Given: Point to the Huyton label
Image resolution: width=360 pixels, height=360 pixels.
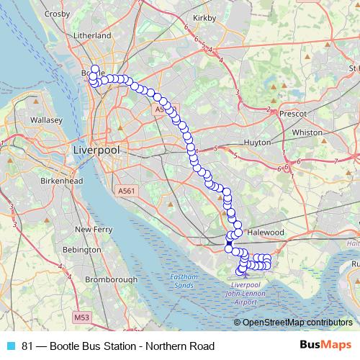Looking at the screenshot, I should (x=258, y=143).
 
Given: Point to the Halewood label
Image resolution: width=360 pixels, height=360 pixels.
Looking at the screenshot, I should (x=266, y=233).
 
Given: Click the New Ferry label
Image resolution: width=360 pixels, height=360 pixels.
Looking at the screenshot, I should (x=93, y=229).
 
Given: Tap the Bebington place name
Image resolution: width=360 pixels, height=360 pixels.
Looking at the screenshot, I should (x=81, y=249).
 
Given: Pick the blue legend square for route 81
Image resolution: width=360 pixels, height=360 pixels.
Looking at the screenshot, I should (x=10, y=346).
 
